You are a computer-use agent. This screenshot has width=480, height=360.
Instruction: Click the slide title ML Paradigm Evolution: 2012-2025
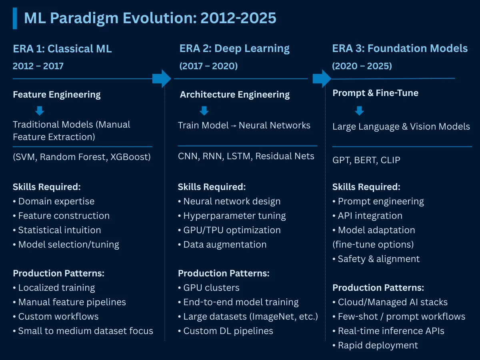point(150,18)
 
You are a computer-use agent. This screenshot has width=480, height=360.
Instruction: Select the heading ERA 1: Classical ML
point(62,49)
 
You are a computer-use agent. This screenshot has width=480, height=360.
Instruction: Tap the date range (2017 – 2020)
point(208,66)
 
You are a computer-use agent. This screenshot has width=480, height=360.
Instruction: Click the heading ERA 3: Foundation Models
point(400,48)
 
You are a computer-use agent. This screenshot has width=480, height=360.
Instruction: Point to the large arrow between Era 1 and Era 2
point(162,78)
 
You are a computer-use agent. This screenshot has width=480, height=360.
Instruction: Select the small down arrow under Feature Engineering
point(40,111)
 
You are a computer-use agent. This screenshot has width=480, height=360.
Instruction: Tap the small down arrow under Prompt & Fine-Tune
point(359,111)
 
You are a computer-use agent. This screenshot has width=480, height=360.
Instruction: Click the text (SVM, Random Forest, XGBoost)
point(82,157)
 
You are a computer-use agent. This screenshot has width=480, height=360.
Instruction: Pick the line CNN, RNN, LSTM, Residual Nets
point(246,156)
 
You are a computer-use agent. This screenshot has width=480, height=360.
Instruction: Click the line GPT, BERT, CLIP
point(366,160)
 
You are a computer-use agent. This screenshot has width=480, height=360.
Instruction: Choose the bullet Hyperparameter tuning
point(232,216)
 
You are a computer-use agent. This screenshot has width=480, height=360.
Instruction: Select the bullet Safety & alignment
point(376,259)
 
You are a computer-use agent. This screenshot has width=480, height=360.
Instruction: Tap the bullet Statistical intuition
point(57,230)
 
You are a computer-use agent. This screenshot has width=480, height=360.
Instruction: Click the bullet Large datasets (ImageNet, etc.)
point(248,317)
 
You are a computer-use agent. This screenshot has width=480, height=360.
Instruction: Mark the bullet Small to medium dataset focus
point(83,331)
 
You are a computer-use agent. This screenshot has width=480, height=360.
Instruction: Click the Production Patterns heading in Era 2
point(224,274)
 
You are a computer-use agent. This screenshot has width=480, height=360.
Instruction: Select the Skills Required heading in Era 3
point(366,187)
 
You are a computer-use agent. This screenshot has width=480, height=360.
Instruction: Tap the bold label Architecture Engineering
point(235,95)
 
